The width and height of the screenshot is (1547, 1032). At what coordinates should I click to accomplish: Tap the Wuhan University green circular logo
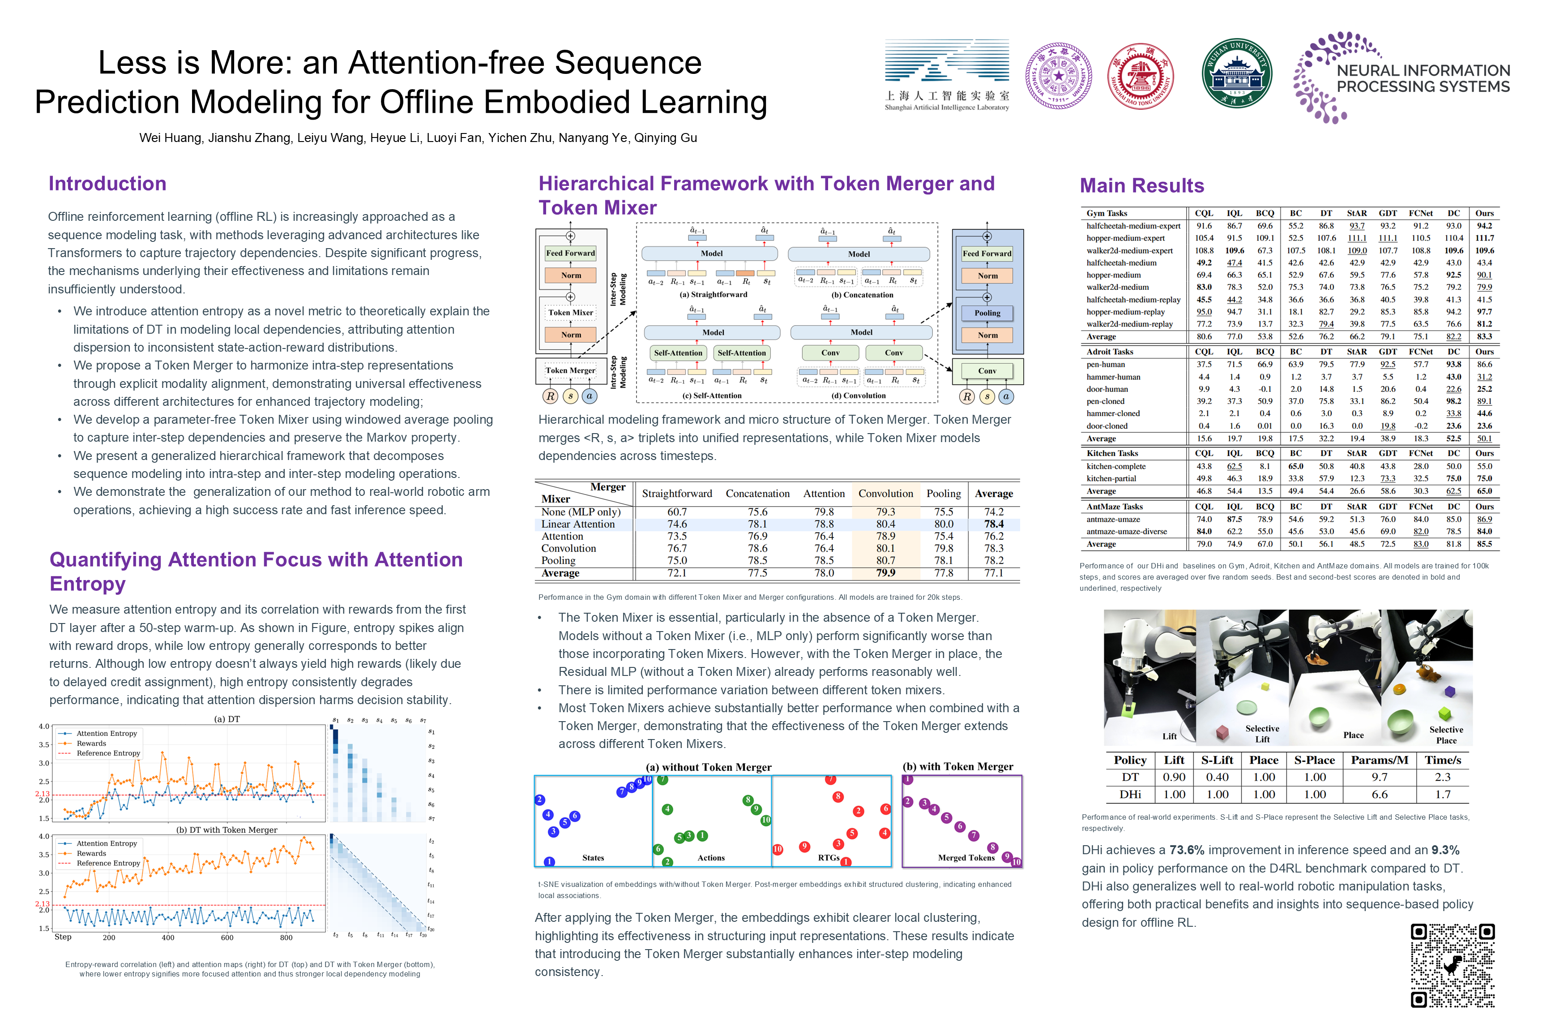click(x=1236, y=73)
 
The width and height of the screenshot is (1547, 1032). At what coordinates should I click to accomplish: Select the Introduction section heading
click(x=107, y=184)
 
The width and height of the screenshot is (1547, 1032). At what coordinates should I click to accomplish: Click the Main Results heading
click(x=1142, y=185)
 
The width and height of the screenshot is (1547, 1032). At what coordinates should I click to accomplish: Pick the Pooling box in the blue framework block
click(x=987, y=313)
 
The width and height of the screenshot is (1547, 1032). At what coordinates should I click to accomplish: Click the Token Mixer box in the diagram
click(x=570, y=313)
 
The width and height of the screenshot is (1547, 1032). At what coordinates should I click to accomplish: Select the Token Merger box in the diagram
click(x=570, y=370)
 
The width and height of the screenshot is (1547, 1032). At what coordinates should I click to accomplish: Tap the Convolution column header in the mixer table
click(x=885, y=494)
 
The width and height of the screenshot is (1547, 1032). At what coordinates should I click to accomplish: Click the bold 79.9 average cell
click(x=885, y=573)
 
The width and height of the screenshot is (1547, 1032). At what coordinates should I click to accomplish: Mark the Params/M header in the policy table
click(x=1379, y=760)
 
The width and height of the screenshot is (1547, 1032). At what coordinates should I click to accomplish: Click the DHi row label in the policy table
click(x=1130, y=795)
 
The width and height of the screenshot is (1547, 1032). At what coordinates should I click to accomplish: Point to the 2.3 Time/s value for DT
click(x=1442, y=777)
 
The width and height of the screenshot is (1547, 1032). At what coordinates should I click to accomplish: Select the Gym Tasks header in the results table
click(x=1107, y=213)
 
